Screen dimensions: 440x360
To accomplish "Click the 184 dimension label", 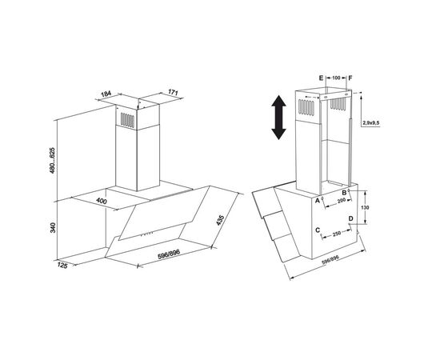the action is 106,94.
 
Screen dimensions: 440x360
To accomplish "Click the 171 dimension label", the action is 173,92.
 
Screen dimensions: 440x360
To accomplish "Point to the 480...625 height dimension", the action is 53,160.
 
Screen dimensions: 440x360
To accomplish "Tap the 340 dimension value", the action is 53,227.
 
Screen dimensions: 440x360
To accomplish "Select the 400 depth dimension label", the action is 102,201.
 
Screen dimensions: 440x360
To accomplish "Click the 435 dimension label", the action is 220,220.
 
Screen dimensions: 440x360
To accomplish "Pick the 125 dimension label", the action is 62,265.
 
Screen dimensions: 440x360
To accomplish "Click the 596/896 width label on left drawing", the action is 169,254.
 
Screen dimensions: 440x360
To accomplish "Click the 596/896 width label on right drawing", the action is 330,260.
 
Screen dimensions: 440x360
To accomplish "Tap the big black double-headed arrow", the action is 278,118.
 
